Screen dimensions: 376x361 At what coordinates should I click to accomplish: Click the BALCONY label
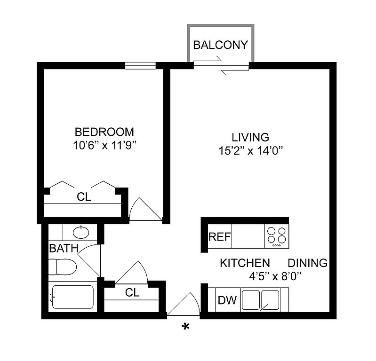[x=220, y=45]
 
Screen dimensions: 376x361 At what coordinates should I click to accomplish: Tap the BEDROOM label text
[x=104, y=132]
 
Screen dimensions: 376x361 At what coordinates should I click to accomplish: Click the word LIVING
[x=250, y=137]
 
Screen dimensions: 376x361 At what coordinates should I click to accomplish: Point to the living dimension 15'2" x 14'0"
[x=250, y=151]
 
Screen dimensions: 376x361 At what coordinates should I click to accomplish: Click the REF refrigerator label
[x=220, y=237]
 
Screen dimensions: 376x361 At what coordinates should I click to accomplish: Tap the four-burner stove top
[x=277, y=236]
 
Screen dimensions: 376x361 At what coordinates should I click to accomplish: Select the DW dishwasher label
[x=227, y=300]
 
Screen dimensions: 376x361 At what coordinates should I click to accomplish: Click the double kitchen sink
[x=260, y=300]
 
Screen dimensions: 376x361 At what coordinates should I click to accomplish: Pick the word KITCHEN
[x=245, y=263]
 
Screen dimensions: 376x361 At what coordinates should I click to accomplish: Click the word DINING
[x=308, y=263]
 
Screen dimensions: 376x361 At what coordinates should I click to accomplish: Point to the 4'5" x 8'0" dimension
[x=275, y=277]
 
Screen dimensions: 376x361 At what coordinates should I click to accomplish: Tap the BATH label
[x=64, y=248]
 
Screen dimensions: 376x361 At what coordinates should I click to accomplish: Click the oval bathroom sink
[x=81, y=232]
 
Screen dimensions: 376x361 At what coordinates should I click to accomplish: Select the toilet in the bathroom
[x=62, y=267]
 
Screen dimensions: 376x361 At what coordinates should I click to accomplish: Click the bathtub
[x=72, y=297]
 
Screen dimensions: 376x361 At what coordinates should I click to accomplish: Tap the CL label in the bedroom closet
[x=84, y=197]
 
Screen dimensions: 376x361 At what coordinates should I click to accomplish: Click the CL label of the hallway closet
[x=132, y=292]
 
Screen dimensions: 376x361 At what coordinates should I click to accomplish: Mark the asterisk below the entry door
[x=185, y=327]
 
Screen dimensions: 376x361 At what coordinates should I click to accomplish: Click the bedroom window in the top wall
[x=141, y=66]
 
